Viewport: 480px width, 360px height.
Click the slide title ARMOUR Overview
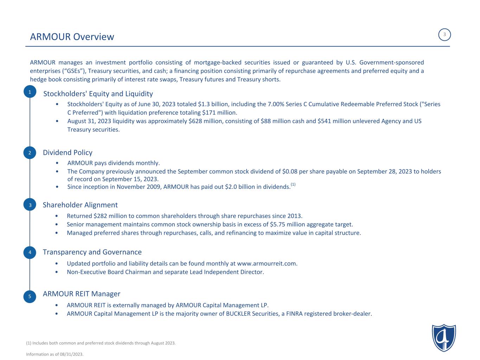pos(72,37)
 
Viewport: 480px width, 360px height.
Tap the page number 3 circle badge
pos(444,35)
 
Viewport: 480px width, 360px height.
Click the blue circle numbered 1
pos(30,92)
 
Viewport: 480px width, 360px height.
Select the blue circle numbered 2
pos(30,153)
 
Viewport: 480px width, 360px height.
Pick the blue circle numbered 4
pos(30,252)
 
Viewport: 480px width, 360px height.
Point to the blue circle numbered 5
pos(30,296)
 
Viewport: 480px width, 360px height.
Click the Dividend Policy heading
pos(68,153)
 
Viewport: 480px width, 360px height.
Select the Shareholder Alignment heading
pos(80,205)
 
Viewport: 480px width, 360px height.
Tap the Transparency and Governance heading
pos(92,252)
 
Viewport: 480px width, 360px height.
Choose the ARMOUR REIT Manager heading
pos(82,294)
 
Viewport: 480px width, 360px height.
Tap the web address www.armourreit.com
pos(267,264)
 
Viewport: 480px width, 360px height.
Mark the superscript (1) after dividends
pos(293,185)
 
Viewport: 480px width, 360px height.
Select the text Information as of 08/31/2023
pos(55,354)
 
